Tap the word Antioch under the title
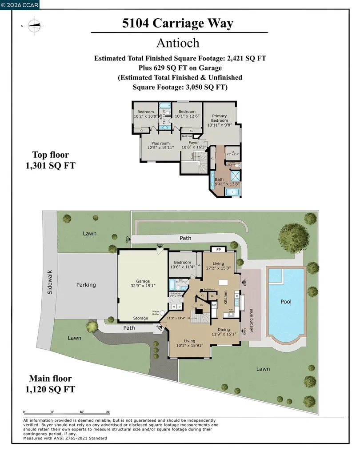(x=178, y=43)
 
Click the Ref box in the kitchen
(x=213, y=305)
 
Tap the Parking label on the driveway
(x=86, y=285)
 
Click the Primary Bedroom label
(x=219, y=118)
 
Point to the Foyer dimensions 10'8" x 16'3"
(x=194, y=148)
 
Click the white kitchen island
(x=222, y=283)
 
